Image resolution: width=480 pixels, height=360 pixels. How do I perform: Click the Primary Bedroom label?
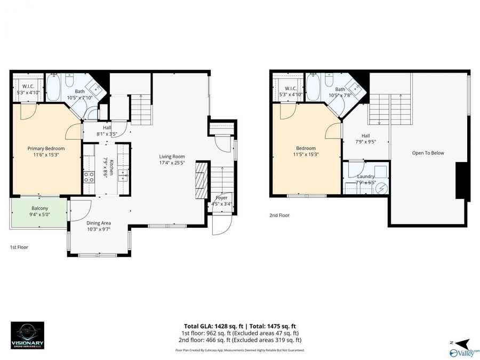(x=46, y=148)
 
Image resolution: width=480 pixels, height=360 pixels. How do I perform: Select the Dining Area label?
(x=99, y=224)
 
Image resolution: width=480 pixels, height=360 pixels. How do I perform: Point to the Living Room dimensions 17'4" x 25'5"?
(x=172, y=163)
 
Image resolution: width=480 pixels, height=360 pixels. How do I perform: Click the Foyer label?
(x=221, y=198)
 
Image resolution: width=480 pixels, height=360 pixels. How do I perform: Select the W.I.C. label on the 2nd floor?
(x=290, y=89)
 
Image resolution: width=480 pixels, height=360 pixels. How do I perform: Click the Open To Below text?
(x=428, y=153)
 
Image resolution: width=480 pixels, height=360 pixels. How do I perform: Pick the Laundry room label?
(x=366, y=176)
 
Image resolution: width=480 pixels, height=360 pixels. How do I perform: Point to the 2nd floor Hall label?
(x=365, y=136)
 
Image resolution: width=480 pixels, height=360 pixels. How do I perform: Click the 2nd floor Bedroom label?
(x=306, y=148)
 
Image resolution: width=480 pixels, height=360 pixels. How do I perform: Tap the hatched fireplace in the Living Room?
(x=201, y=180)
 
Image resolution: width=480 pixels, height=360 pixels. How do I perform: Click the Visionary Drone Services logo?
(x=27, y=335)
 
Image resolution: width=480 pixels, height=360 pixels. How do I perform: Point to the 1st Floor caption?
(x=19, y=247)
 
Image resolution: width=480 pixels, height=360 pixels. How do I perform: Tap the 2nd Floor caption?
(x=279, y=215)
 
